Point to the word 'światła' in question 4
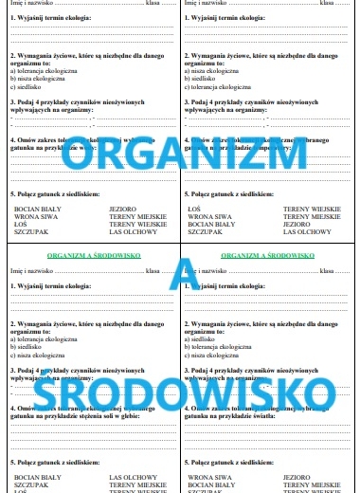(x=289, y=414)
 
